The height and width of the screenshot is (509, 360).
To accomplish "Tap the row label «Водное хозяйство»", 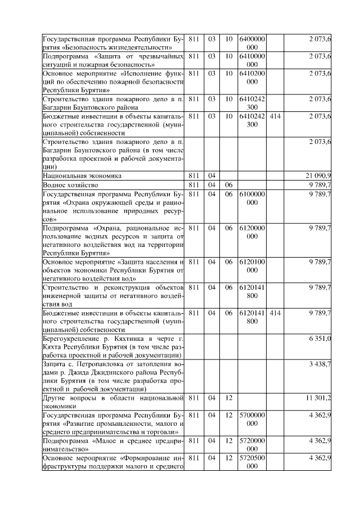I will click(x=70, y=184).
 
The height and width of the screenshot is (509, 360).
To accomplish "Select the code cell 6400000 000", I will click(x=252, y=43).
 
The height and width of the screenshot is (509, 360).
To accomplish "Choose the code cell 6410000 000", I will click(x=252, y=60).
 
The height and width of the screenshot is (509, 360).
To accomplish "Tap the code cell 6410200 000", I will click(x=252, y=78).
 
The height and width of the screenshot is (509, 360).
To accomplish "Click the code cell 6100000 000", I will click(x=252, y=197).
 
